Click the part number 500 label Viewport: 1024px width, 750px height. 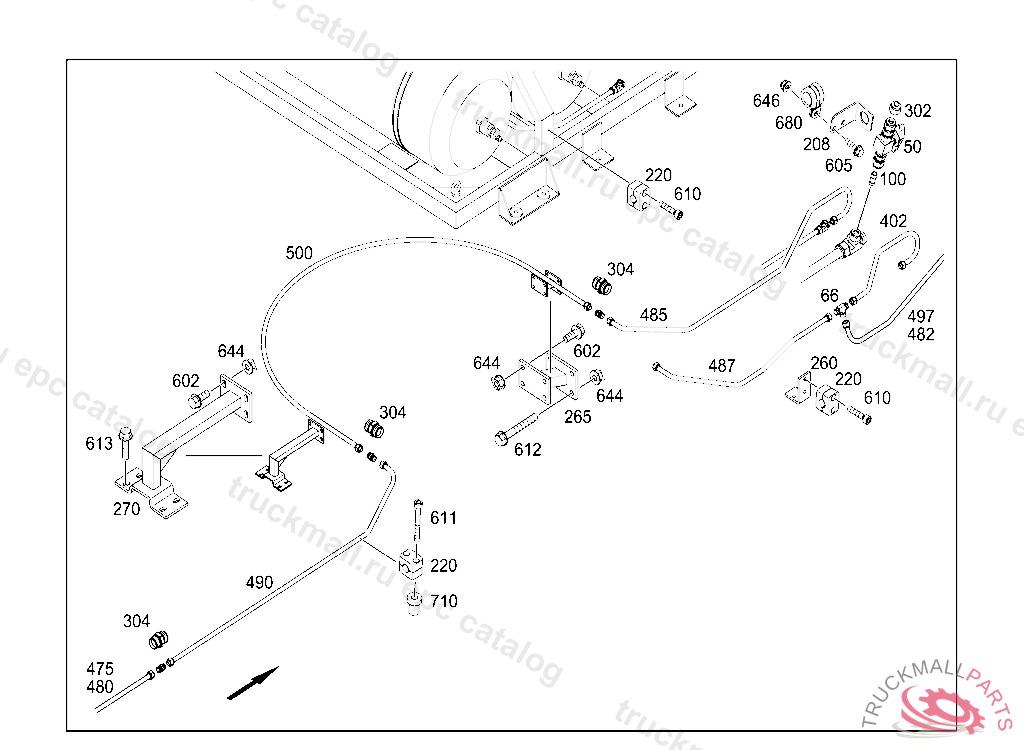coord(299,253)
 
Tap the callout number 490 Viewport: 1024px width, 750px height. coord(259,582)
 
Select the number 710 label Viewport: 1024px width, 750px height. coord(443,601)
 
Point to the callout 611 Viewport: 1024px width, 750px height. coord(443,518)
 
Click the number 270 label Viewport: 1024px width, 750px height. coord(127,509)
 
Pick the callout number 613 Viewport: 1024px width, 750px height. coord(99,444)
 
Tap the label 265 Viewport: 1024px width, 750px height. coord(578,417)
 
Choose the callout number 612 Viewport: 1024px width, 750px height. coord(528,449)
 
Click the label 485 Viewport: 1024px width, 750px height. coord(654,315)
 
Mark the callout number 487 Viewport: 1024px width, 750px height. coord(722,366)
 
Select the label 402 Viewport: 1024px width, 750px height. coord(893,221)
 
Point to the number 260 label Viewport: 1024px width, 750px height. coord(824,363)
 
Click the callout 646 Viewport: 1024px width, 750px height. coord(766,101)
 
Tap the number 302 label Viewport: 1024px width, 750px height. coord(918,110)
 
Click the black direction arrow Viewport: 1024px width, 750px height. coord(253,683)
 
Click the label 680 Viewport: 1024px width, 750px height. coord(788,123)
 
